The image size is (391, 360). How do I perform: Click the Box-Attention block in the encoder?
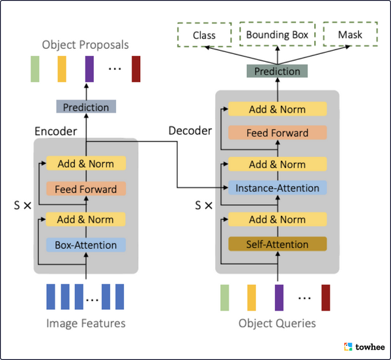[85, 245]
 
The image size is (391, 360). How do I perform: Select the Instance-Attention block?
[277, 188]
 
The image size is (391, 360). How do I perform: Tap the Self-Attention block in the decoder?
[277, 245]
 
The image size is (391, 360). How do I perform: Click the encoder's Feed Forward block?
[85, 189]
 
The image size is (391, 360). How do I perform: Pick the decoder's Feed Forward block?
[277, 133]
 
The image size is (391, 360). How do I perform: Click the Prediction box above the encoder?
[86, 107]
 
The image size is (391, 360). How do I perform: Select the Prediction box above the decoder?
[277, 72]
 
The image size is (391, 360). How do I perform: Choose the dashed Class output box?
[204, 35]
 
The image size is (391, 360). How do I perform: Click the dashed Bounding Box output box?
[278, 35]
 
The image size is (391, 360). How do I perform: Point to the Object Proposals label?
[85, 45]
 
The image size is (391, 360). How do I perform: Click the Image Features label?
[85, 323]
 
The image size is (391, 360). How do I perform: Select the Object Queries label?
[277, 323]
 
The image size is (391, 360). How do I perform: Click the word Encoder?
[55, 131]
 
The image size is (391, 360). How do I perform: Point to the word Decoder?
[190, 131]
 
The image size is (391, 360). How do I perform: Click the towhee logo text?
[369, 347]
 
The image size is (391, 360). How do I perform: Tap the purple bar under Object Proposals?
[89, 69]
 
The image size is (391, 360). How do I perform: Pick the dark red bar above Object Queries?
[326, 297]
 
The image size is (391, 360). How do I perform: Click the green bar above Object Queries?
[225, 297]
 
